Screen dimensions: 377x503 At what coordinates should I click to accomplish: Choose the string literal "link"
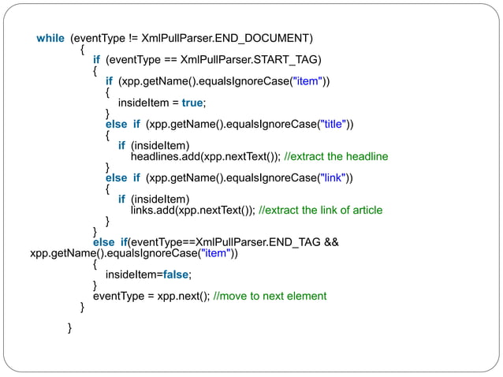coord(331,177)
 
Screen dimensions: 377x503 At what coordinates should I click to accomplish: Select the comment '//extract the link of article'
coord(320,210)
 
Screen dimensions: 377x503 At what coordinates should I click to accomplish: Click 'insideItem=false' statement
coord(148,274)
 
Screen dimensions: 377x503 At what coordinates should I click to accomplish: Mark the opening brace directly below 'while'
coord(83,49)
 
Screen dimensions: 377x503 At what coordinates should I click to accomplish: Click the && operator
coord(332,241)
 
